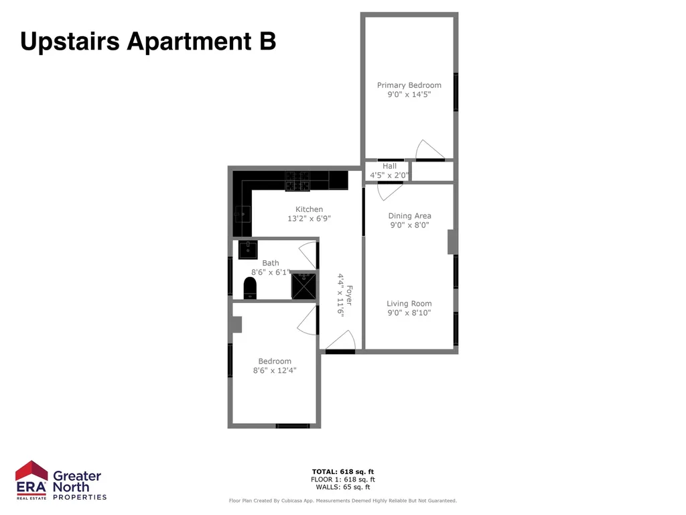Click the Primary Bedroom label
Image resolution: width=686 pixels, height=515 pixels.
click(x=409, y=85)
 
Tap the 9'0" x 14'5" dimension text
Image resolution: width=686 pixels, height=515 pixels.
click(x=409, y=94)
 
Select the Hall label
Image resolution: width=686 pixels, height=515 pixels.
click(x=389, y=166)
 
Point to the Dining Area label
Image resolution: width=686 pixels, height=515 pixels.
click(x=409, y=215)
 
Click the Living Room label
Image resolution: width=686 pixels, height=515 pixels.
click(x=409, y=304)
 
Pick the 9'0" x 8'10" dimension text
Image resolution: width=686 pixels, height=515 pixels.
click(x=409, y=312)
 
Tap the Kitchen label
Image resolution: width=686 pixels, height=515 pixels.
click(x=309, y=209)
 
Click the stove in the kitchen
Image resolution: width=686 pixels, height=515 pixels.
click(x=297, y=181)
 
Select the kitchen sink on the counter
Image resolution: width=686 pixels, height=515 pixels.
click(x=242, y=214)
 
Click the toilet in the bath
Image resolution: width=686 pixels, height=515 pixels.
click(x=250, y=288)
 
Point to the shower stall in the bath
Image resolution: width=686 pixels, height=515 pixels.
click(x=303, y=286)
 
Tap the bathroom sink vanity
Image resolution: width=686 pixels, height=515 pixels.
click(x=248, y=249)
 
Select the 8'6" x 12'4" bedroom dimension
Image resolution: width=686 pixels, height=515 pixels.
click(x=275, y=370)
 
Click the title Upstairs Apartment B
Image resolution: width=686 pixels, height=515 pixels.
click(x=148, y=41)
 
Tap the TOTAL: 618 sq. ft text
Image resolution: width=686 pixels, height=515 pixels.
click(x=343, y=471)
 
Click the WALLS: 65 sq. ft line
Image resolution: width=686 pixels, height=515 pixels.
click(x=343, y=487)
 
